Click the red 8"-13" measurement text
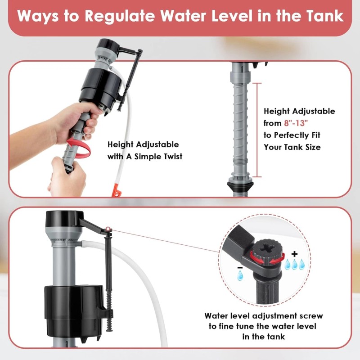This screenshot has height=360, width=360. pos(296,123)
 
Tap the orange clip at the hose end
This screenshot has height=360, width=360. pos(117,190)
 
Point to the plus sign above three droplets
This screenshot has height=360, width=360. pos(294,254)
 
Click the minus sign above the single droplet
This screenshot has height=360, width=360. pos(240,268)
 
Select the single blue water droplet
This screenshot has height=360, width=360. pos(240,275)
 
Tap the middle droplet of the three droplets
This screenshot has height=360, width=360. pos(294,264)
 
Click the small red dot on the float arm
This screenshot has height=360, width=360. pos(108,229)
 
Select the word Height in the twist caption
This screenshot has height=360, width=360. pos(120,144)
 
